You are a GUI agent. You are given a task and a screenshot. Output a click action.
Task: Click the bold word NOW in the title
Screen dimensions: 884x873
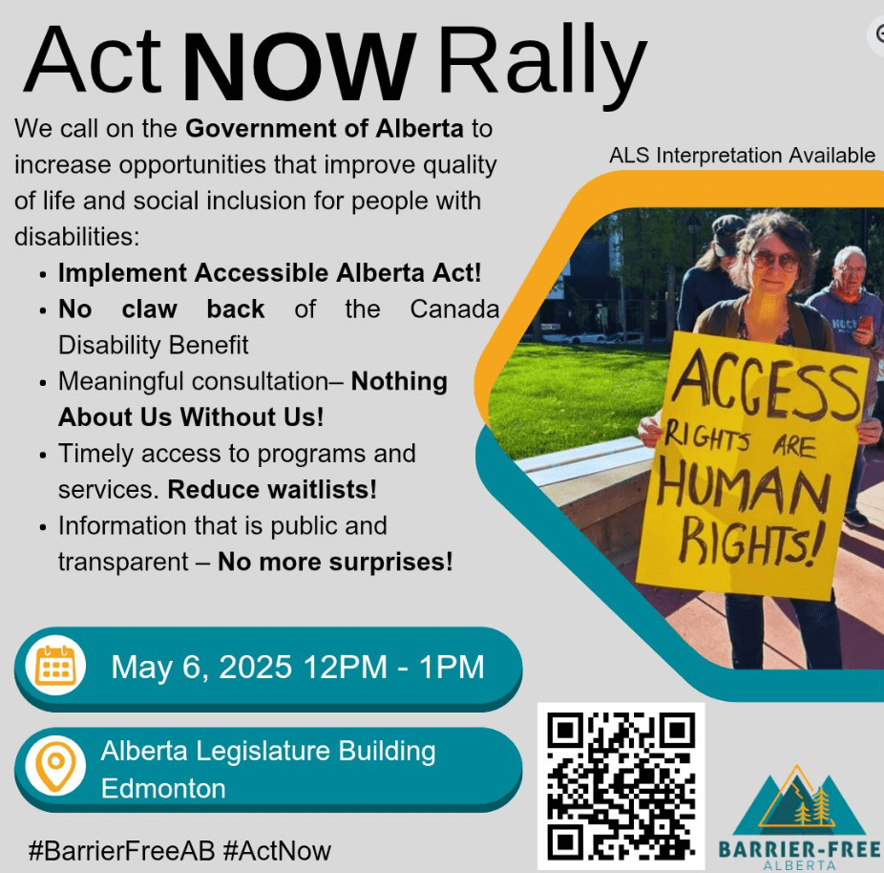tap(300, 67)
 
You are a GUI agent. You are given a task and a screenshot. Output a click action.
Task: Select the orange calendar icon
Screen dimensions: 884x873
tap(55, 666)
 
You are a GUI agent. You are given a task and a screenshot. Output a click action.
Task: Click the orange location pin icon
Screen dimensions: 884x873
tap(55, 766)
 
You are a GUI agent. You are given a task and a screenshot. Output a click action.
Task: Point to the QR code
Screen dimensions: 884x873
tap(621, 785)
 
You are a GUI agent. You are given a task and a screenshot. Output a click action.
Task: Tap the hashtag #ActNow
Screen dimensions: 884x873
tap(277, 850)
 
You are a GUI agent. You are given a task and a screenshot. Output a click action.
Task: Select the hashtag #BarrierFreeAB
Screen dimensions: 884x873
tap(121, 850)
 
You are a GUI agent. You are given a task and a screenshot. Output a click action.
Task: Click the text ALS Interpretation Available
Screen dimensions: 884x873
tap(742, 155)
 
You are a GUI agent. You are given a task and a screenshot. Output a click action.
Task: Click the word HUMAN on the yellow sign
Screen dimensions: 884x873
tap(745, 486)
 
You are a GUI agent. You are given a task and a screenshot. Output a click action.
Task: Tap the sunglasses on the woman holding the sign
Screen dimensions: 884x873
tap(773, 260)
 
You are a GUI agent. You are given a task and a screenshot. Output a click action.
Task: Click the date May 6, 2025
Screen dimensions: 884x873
tap(201, 667)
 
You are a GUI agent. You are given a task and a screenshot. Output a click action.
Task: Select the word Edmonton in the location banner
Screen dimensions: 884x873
tap(163, 788)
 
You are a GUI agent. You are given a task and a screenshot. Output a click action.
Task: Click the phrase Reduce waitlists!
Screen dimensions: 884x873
tap(272, 490)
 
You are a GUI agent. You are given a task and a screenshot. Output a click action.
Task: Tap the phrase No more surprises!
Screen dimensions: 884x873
tap(335, 562)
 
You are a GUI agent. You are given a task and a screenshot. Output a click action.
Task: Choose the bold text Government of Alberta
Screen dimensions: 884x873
tap(325, 129)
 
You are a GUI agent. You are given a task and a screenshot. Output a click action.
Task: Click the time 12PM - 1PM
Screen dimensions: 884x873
tap(393, 667)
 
